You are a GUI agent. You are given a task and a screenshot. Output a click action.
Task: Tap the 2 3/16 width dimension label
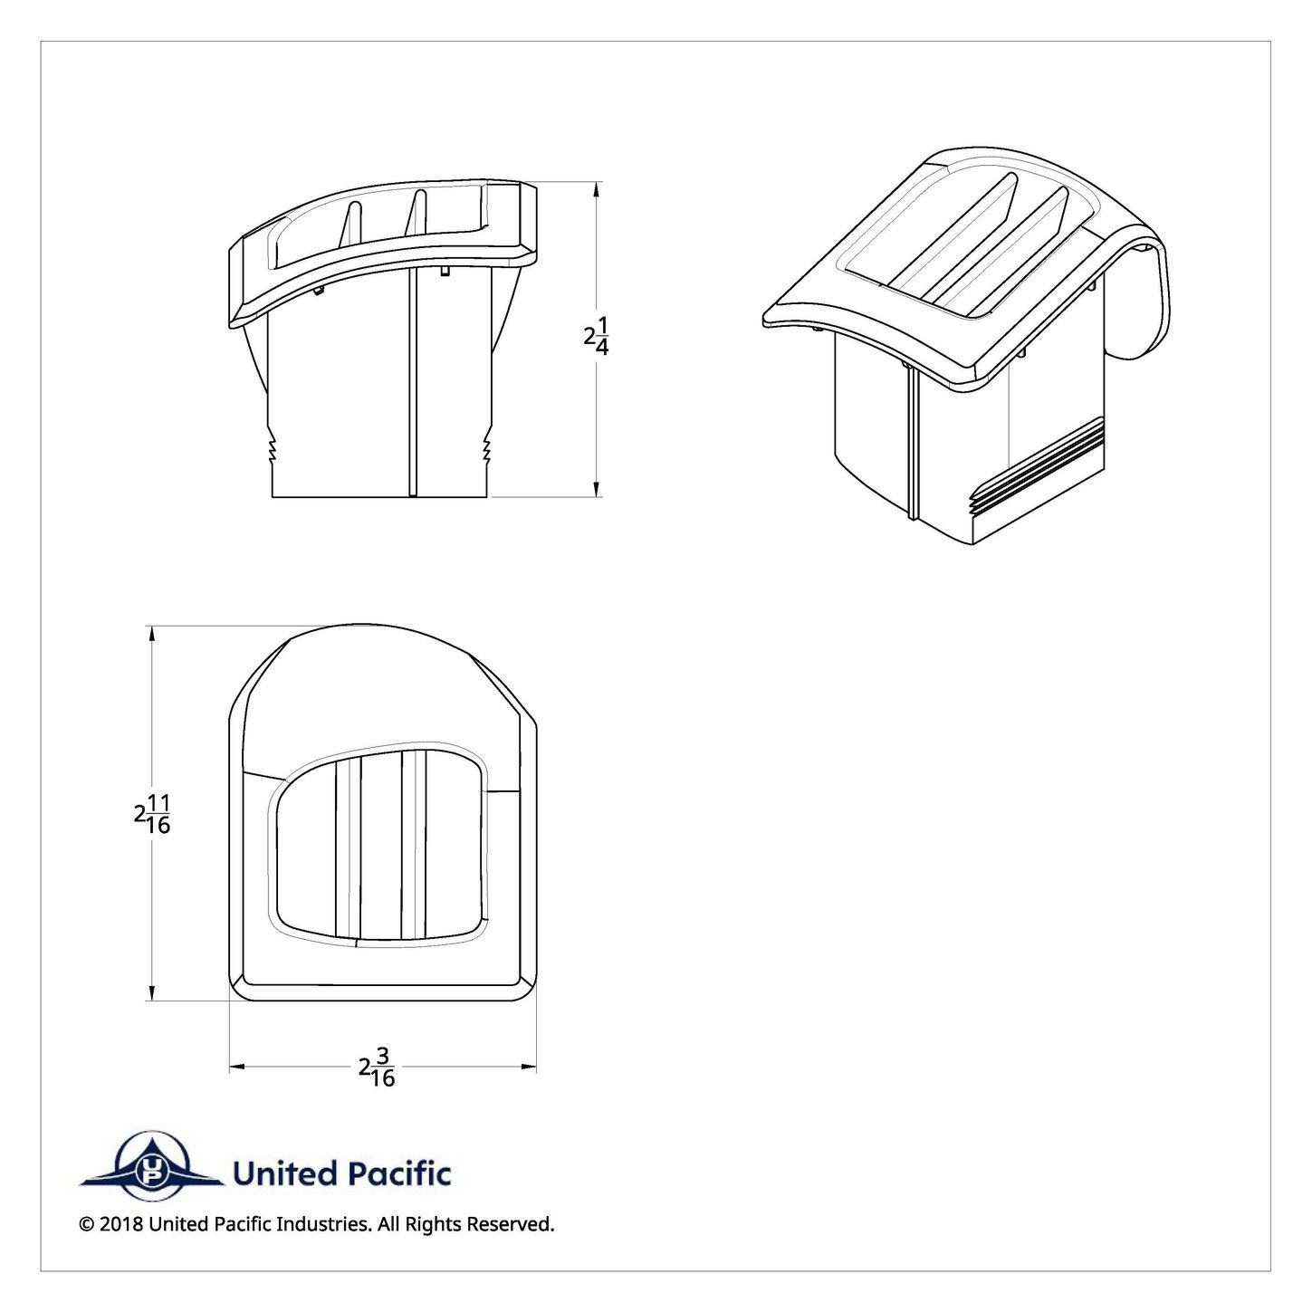(x=377, y=1067)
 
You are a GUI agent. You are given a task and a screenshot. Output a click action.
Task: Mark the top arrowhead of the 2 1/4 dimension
(x=597, y=190)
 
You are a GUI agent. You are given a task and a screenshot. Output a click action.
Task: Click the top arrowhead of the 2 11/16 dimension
(x=151, y=635)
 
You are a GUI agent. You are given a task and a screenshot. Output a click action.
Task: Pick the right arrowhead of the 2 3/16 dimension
(x=527, y=1067)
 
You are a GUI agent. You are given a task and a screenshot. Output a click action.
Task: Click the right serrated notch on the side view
(x=487, y=447)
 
